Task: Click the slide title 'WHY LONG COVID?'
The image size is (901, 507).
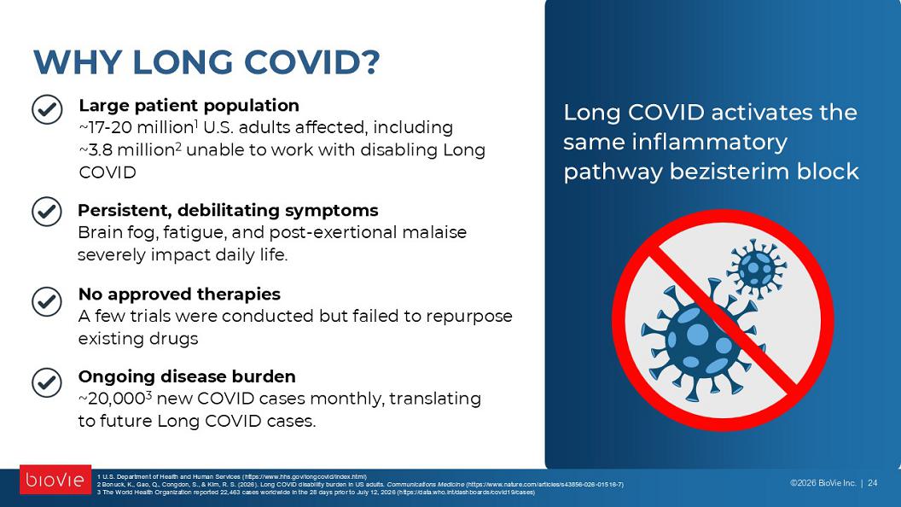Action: pos(206,62)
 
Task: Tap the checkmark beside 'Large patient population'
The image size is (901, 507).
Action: pos(47,109)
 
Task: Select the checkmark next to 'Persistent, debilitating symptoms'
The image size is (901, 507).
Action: pos(47,211)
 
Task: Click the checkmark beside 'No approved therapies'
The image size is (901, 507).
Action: pos(47,301)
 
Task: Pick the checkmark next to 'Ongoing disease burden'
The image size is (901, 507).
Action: pos(47,383)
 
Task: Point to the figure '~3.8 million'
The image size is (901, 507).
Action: pos(127,150)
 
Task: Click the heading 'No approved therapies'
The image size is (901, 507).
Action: pos(179,294)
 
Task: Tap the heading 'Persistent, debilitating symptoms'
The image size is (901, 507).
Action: pos(228,210)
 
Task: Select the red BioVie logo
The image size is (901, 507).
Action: pos(55,480)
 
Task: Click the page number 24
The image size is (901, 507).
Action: pos(872,483)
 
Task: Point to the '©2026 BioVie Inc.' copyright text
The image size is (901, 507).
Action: pos(823,483)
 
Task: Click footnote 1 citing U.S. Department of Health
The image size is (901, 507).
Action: pos(231,476)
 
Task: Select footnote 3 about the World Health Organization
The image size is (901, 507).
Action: pos(316,492)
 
